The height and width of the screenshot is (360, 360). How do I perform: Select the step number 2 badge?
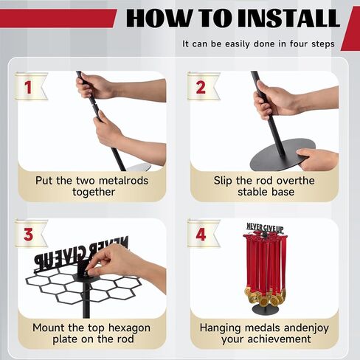[203, 86]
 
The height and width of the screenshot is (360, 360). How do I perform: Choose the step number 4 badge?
[203, 234]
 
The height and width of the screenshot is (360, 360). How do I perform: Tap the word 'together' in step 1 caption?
[94, 193]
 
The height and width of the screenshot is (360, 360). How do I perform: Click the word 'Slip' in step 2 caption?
[223, 181]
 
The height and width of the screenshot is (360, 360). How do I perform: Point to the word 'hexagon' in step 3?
[129, 328]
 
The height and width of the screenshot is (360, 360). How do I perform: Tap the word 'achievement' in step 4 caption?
[280, 339]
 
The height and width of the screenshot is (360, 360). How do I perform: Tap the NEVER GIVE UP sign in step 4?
[265, 228]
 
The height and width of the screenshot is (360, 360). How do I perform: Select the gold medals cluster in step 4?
[266, 297]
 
